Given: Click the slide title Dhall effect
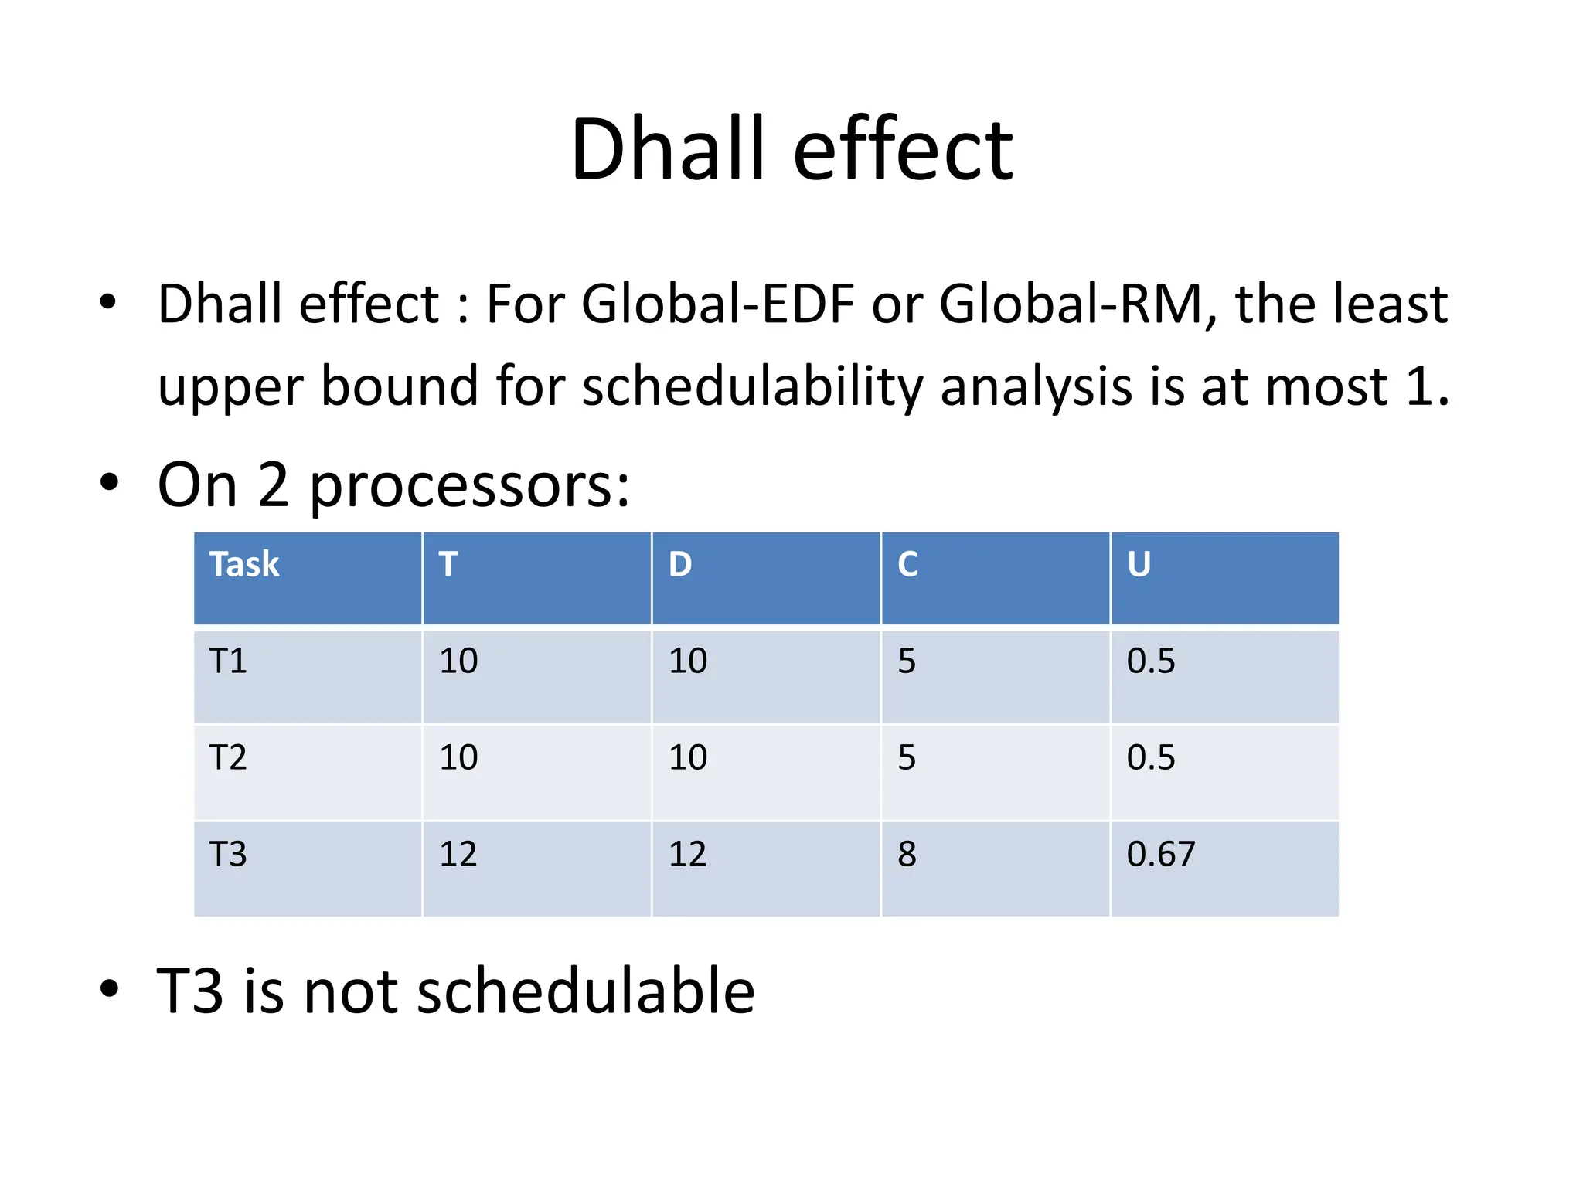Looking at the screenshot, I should [x=791, y=149].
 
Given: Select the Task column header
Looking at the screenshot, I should [x=244, y=564].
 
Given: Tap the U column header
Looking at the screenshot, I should [x=1139, y=564].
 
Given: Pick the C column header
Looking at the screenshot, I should [x=907, y=564].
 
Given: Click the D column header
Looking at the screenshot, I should [x=680, y=564].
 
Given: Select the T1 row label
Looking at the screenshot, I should [x=228, y=661].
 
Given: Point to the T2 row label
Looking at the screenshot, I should [x=228, y=757].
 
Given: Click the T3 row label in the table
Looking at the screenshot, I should [x=228, y=854].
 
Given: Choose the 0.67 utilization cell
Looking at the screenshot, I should [x=1160, y=854].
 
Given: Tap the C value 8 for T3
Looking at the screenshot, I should [x=907, y=854].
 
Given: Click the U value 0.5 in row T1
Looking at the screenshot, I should [x=1150, y=661].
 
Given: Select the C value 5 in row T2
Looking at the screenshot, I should [x=907, y=757].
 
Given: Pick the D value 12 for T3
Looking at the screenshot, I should [x=687, y=854].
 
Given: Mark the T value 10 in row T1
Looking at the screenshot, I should [x=458, y=661].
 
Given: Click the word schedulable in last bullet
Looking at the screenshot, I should [x=585, y=991].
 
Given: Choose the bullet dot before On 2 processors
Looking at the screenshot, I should [x=110, y=482].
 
